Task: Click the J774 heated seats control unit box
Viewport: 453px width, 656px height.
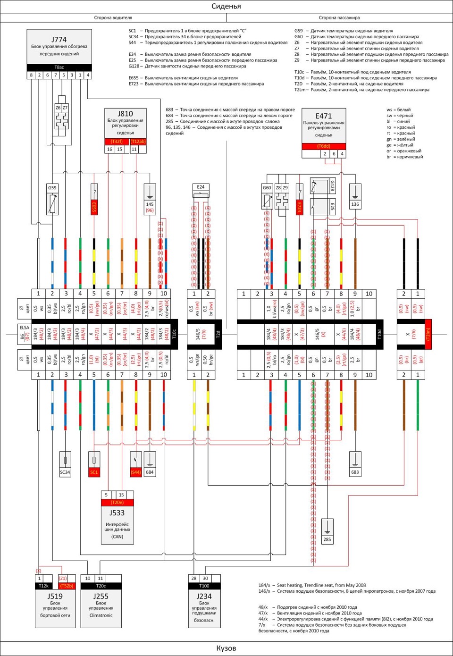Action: (x=59, y=46)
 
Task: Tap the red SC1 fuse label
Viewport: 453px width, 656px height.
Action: (x=94, y=472)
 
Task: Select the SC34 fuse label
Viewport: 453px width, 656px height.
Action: (x=65, y=472)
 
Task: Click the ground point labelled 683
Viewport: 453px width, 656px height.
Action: (x=355, y=472)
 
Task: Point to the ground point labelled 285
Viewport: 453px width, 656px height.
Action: (x=327, y=539)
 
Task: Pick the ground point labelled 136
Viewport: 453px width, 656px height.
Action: (x=355, y=204)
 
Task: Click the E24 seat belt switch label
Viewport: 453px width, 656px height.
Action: (x=201, y=187)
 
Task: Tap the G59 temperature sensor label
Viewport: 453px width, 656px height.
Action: (x=52, y=187)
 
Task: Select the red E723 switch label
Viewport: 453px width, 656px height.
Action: (x=299, y=207)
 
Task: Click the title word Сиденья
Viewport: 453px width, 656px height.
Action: (x=226, y=6)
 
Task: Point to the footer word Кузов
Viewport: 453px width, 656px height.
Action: (x=226, y=648)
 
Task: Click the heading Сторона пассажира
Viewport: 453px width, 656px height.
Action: (x=339, y=17)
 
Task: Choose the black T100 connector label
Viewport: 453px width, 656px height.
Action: (x=204, y=586)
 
